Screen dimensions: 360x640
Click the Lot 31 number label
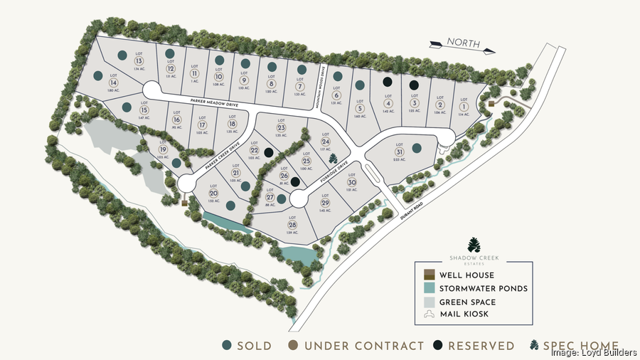point(400,152)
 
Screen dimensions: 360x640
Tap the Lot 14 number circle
point(112,83)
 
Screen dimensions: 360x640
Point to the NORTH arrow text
point(463,43)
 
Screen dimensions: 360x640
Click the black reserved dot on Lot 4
point(386,83)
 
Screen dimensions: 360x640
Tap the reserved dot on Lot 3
point(414,85)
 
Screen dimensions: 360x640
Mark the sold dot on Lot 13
point(122,55)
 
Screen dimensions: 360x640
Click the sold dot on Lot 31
point(416,148)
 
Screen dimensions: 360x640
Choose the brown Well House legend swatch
point(428,275)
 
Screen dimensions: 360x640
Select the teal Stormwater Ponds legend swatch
point(428,288)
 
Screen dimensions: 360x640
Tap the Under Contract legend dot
point(292,346)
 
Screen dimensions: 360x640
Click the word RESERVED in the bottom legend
point(481,346)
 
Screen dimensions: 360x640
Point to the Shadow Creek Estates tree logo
point(474,245)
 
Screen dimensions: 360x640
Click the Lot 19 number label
point(162,150)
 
